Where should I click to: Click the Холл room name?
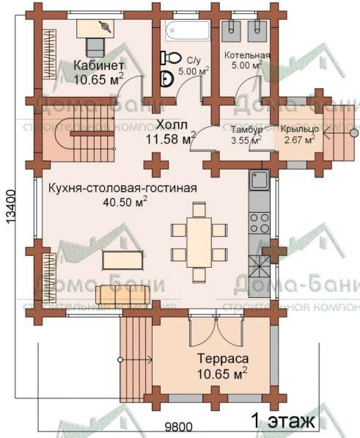(171, 124)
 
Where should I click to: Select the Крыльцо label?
(298, 130)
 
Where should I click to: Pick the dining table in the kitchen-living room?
(198, 240)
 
